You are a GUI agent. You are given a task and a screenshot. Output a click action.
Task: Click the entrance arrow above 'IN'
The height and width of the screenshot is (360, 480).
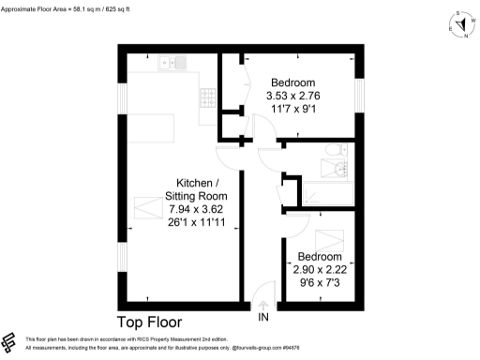[x=263, y=305]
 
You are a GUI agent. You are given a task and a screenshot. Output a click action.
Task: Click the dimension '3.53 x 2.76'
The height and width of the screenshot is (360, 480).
[x=292, y=96]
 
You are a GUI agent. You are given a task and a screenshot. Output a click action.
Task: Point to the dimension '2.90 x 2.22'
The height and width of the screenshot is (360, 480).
[x=319, y=269]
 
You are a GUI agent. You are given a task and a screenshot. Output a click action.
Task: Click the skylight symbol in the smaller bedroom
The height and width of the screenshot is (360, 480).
[x=328, y=238]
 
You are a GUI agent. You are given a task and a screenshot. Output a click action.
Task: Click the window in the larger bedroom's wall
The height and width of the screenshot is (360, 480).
[x=358, y=95]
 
